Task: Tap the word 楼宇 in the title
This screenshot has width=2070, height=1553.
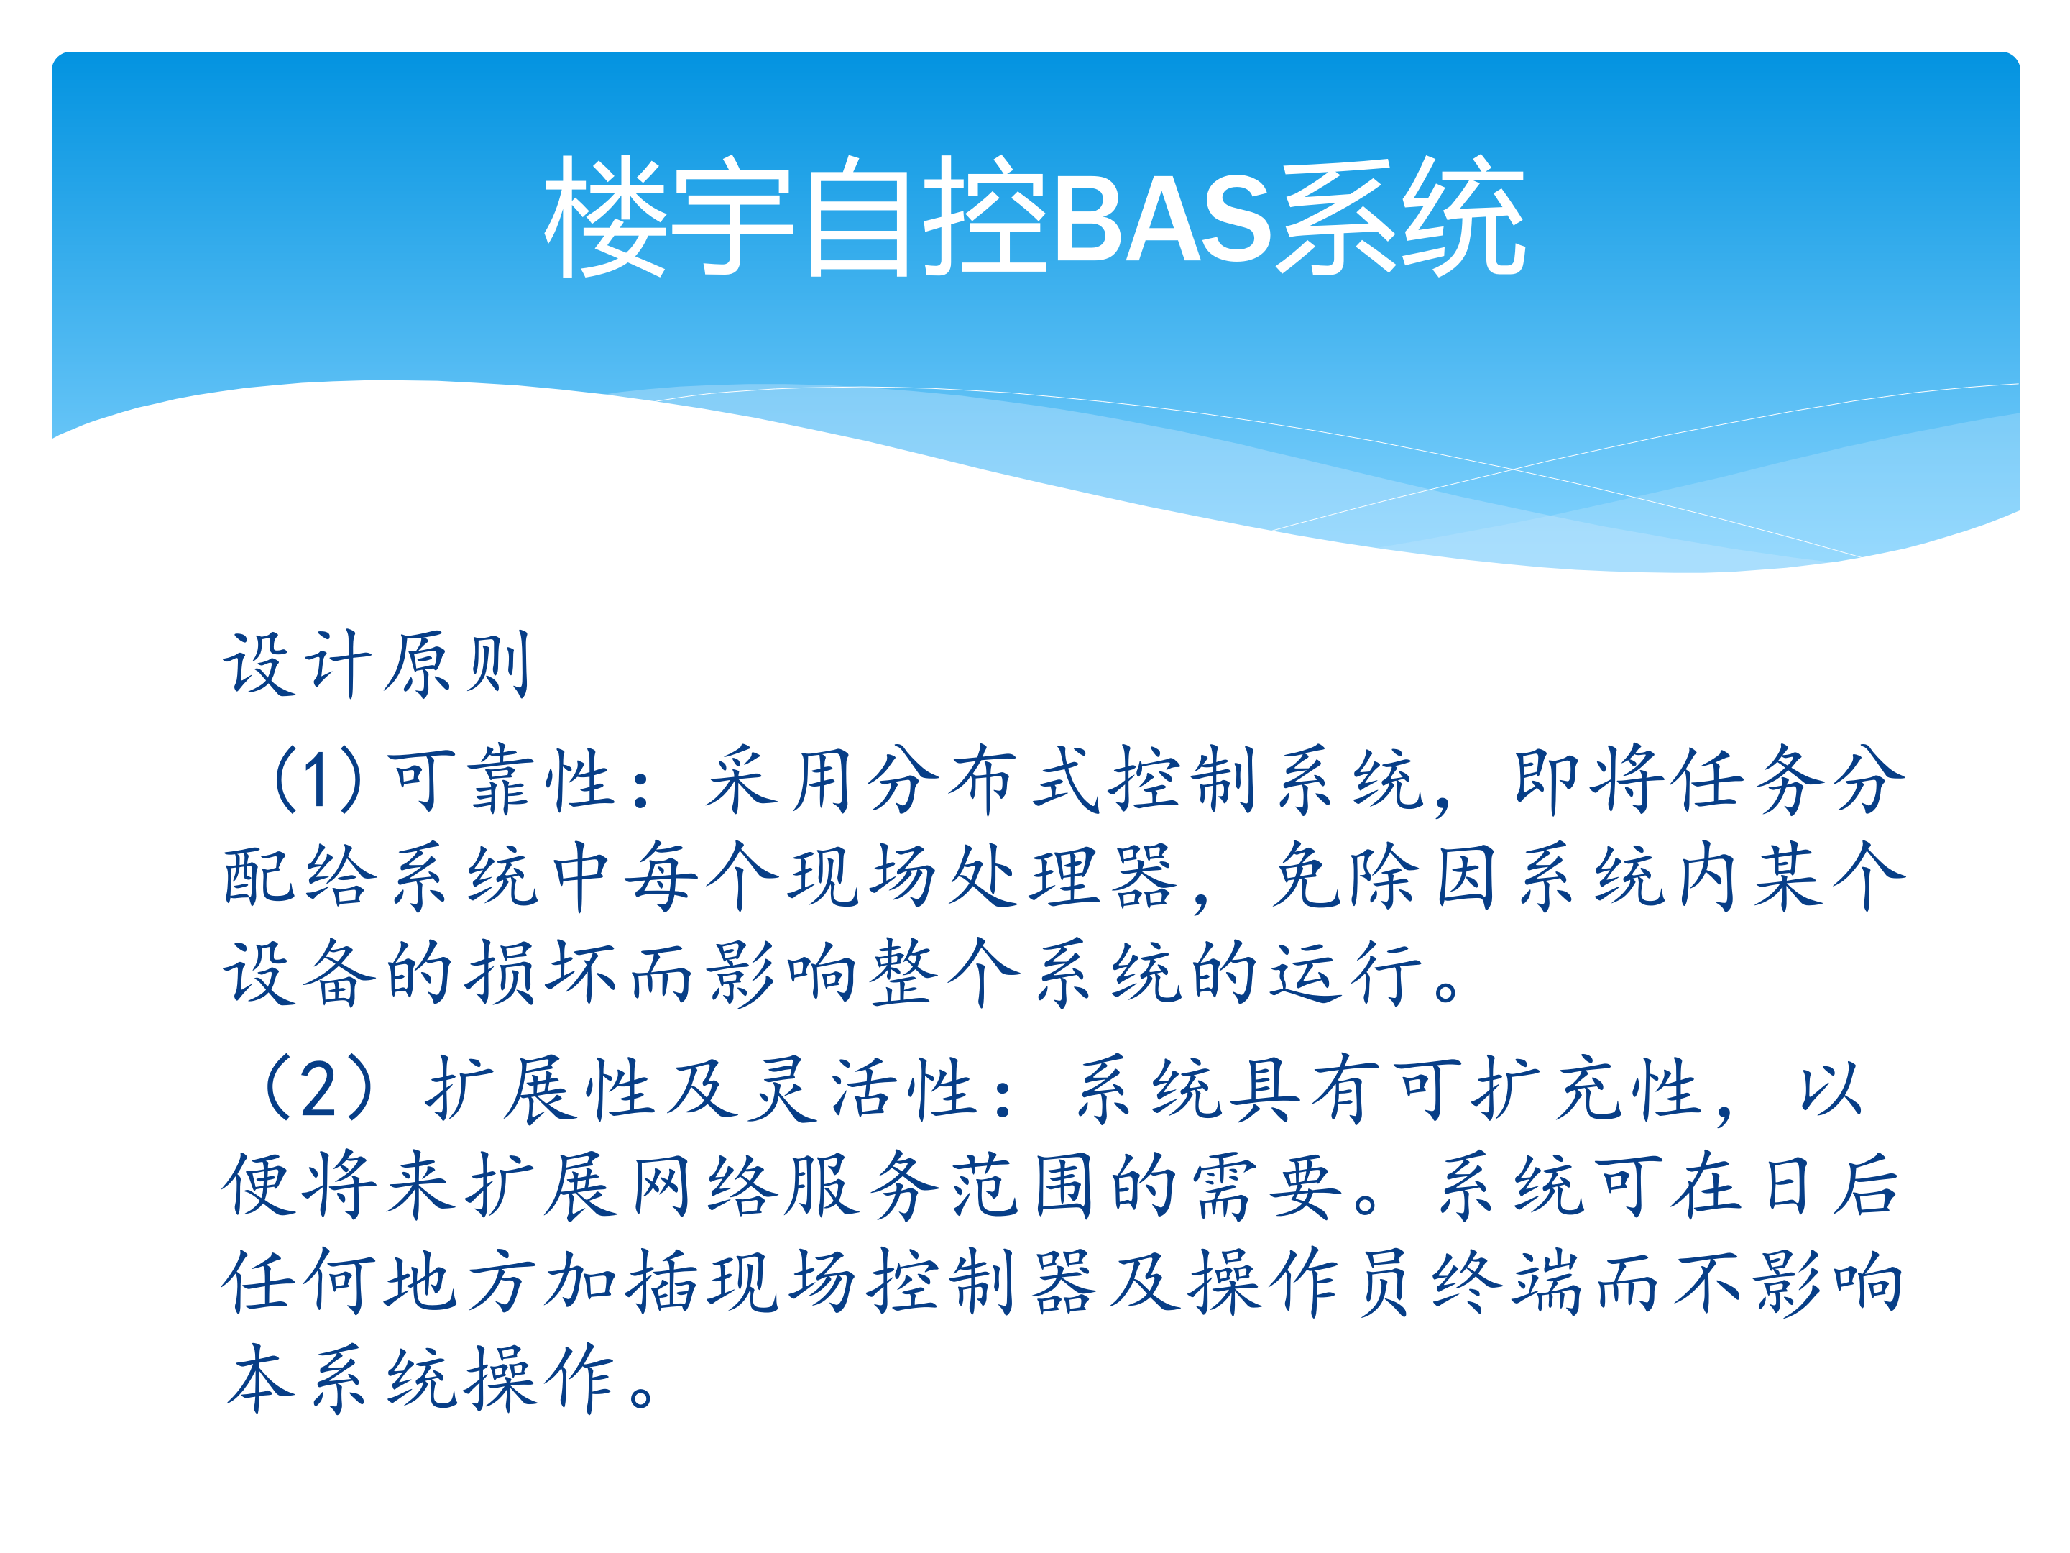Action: click(x=670, y=218)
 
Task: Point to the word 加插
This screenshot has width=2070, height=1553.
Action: click(x=623, y=1283)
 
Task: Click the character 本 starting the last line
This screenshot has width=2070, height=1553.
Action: click(x=260, y=1379)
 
